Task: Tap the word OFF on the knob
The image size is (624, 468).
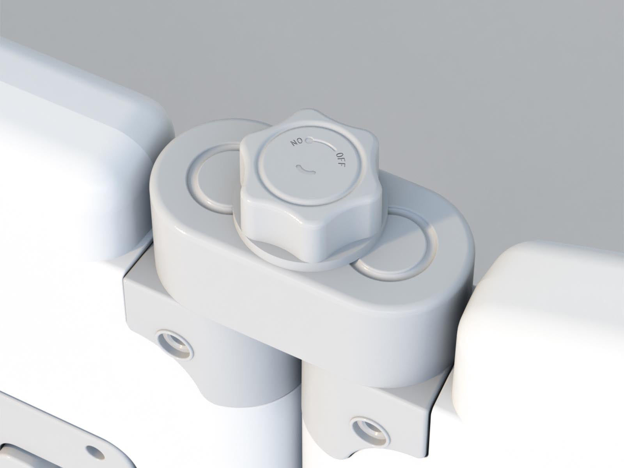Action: [340, 160]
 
